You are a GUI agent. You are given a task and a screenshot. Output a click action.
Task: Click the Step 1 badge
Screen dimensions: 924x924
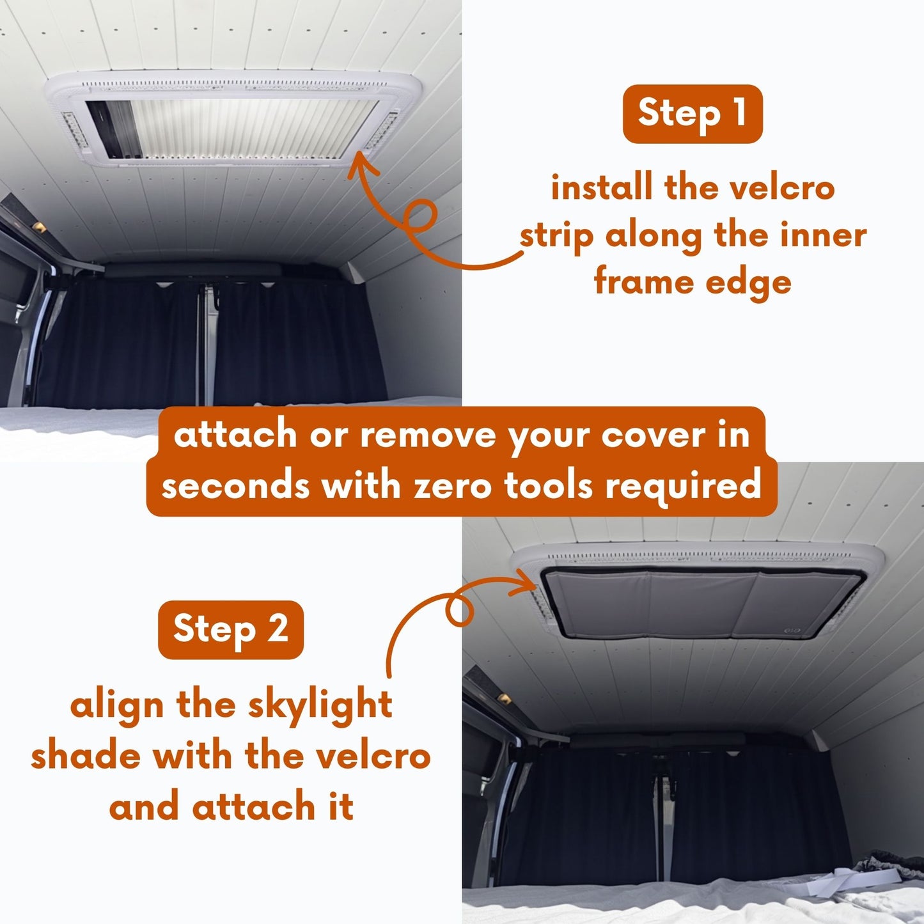point(693,114)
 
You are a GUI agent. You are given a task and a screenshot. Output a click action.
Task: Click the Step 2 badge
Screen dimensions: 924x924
point(230,629)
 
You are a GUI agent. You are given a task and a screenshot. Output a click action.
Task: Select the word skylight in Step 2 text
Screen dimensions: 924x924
point(320,706)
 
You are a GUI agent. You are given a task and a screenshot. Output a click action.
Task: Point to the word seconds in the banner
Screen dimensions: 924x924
point(237,486)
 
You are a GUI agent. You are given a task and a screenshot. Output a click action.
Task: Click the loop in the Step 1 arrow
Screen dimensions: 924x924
point(421,215)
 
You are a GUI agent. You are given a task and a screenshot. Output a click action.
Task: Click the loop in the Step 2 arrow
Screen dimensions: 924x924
point(459,612)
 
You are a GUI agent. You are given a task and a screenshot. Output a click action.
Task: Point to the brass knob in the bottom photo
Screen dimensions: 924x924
point(504,697)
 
